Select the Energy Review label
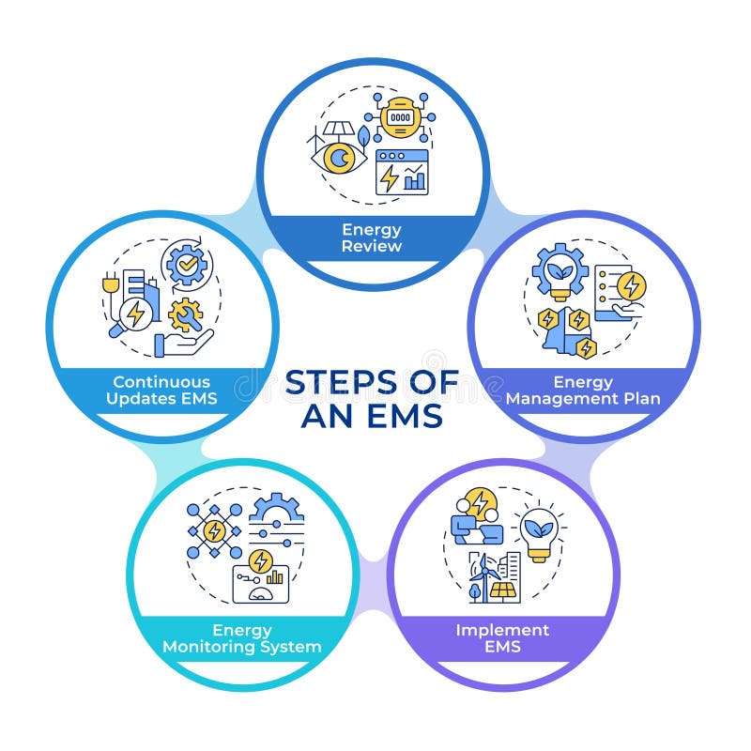click(372, 238)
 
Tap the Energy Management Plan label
click(582, 391)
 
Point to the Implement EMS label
click(502, 637)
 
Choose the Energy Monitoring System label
click(242, 637)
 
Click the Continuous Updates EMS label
click(161, 391)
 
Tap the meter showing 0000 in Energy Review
click(401, 119)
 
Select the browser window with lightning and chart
click(402, 172)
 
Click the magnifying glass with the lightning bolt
click(132, 316)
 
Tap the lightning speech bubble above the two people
click(481, 505)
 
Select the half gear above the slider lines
click(276, 510)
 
